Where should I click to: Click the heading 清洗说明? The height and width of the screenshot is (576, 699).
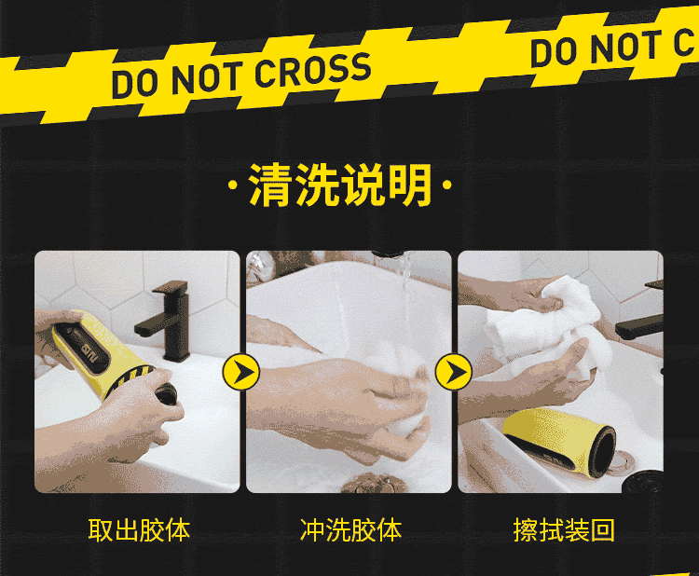pyautogui.click(x=339, y=185)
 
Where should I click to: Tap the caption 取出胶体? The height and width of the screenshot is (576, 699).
pyautogui.click(x=139, y=530)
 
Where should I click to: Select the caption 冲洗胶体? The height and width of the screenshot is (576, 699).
pyautogui.click(x=350, y=530)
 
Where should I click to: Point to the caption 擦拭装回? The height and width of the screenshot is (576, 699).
pyautogui.click(x=564, y=530)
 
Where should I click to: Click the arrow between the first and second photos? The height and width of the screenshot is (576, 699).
pyautogui.click(x=241, y=372)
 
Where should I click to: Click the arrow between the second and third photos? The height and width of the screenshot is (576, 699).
pyautogui.click(x=453, y=372)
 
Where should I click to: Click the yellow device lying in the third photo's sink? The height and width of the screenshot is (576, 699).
pyautogui.click(x=559, y=442)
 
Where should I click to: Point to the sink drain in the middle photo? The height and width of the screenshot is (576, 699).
pyautogui.click(x=375, y=484)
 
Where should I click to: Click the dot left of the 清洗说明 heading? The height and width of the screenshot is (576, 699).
pyautogui.click(x=232, y=185)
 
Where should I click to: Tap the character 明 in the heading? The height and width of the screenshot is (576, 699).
pyautogui.click(x=410, y=185)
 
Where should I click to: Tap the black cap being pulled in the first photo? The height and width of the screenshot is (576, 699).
pyautogui.click(x=165, y=393)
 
